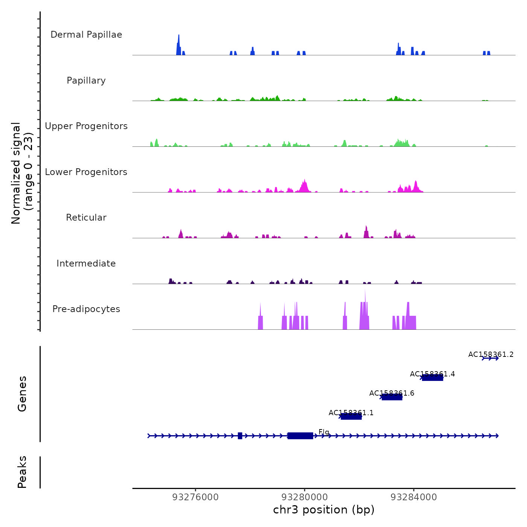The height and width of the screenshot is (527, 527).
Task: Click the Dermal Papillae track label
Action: [86, 35]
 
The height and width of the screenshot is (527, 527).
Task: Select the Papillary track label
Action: [86, 81]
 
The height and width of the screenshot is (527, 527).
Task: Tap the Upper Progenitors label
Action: [86, 126]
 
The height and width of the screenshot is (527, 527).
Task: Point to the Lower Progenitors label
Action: [86, 172]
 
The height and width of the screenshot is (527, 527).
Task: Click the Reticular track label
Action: [86, 218]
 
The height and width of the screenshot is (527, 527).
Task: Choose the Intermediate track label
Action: [86, 263]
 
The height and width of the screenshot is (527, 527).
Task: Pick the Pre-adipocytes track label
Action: [86, 309]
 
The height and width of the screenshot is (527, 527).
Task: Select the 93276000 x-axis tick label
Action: [195, 497]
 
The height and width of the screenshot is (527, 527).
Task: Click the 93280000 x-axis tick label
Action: [305, 497]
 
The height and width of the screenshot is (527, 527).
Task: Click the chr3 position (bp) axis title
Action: [324, 510]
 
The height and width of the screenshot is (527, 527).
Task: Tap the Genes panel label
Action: [22, 394]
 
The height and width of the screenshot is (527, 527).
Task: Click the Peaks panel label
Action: [22, 472]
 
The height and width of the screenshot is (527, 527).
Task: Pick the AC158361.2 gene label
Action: [491, 354]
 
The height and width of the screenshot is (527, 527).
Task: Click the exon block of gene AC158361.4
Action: [433, 378]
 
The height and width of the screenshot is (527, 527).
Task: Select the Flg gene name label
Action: [324, 432]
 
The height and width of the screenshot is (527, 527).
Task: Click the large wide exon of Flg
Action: [300, 436]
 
